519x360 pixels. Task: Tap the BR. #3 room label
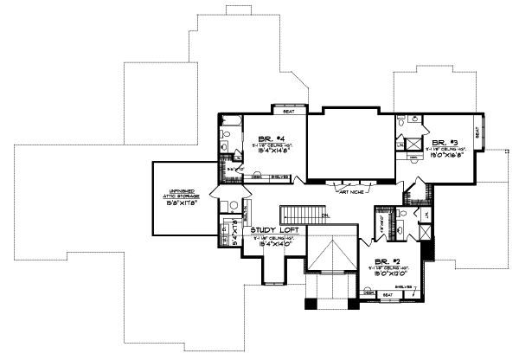[445, 142]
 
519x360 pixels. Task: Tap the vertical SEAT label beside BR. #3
[477, 135]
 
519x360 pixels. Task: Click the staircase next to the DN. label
[299, 215]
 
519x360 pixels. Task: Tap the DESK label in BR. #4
[256, 177]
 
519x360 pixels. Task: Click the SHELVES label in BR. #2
[404, 286]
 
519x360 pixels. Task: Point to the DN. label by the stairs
[325, 215]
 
